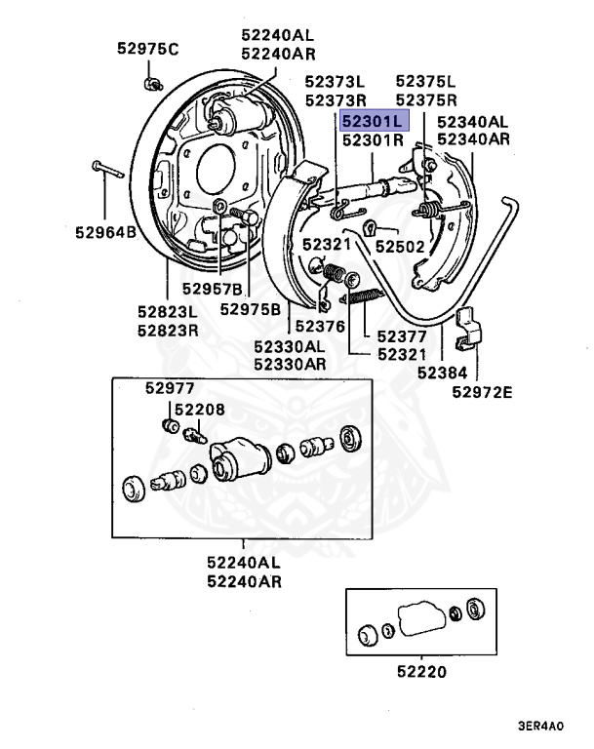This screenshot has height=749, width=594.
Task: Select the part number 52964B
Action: click(x=104, y=232)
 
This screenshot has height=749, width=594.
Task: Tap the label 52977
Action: click(x=171, y=387)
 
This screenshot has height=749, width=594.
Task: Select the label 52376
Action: click(x=321, y=327)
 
